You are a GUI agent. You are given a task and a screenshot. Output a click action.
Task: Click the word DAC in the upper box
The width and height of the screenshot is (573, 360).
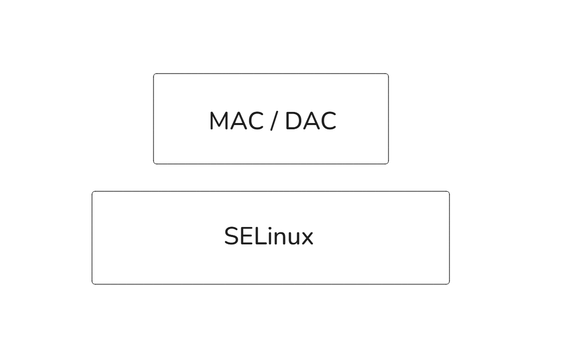[310, 121]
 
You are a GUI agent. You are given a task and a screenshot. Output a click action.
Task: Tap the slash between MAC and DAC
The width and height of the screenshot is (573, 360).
[273, 121]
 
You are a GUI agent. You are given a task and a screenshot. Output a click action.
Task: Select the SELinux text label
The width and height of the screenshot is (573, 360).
[268, 236]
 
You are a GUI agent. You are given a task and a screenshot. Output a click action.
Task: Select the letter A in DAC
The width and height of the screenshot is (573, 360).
[311, 121]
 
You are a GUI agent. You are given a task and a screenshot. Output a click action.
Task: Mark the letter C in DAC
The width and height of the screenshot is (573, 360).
[328, 121]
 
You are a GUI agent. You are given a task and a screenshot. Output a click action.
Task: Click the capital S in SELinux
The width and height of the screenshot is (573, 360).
[231, 236]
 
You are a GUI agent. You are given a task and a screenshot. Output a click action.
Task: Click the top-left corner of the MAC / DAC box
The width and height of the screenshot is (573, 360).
[154, 74]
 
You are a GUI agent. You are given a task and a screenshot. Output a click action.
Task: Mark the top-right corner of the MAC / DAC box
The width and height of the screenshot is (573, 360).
[388, 74]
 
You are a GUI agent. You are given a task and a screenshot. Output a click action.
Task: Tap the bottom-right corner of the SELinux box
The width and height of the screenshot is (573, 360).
[449, 284]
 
